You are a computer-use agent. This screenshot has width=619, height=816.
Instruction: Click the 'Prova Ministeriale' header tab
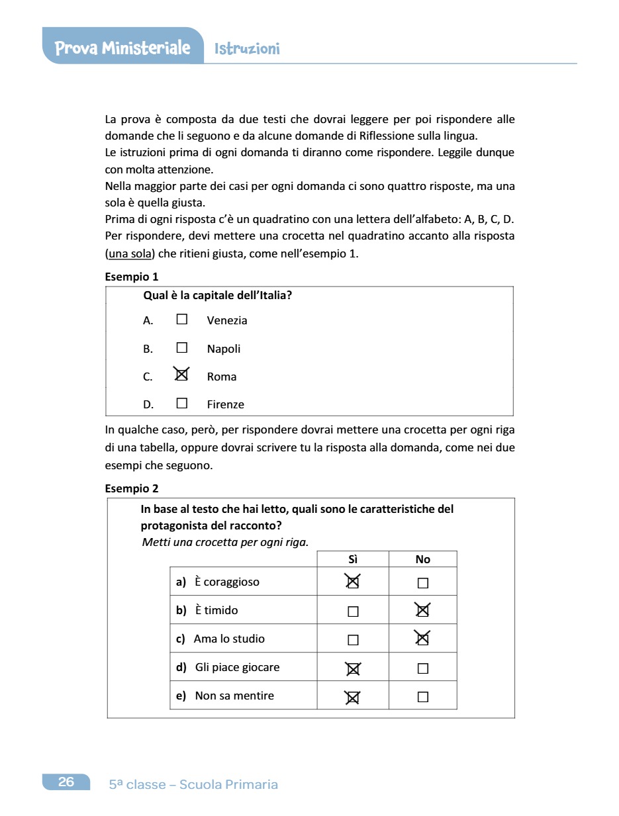[122, 48]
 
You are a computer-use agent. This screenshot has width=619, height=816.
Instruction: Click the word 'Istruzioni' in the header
[247, 49]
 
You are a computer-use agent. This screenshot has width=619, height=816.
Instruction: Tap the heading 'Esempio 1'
[132, 277]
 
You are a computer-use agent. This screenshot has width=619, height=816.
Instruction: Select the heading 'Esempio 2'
[132, 488]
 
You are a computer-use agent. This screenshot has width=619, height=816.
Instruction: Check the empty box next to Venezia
[182, 319]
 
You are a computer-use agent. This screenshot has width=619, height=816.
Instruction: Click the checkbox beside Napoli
[182, 347]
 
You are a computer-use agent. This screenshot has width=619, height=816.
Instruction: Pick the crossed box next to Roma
[181, 375]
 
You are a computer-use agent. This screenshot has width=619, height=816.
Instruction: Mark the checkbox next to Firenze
[182, 403]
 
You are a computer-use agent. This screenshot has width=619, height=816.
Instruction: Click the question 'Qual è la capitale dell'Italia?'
[217, 295]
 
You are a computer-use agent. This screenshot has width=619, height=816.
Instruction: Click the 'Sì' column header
[353, 559]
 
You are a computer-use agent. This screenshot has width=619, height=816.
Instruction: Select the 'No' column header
[422, 559]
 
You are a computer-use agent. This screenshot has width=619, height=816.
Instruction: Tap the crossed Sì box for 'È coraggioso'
[353, 582]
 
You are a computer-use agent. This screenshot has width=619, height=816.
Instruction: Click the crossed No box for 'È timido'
[422, 610]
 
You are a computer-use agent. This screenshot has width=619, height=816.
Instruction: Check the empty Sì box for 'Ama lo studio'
[353, 640]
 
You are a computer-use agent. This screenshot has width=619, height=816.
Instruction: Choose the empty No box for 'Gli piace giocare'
[423, 668]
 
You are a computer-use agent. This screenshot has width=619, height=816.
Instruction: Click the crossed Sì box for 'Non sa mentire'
[353, 696]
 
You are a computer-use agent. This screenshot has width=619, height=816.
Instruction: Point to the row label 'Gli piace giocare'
[237, 667]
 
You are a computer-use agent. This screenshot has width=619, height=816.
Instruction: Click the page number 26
[66, 782]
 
